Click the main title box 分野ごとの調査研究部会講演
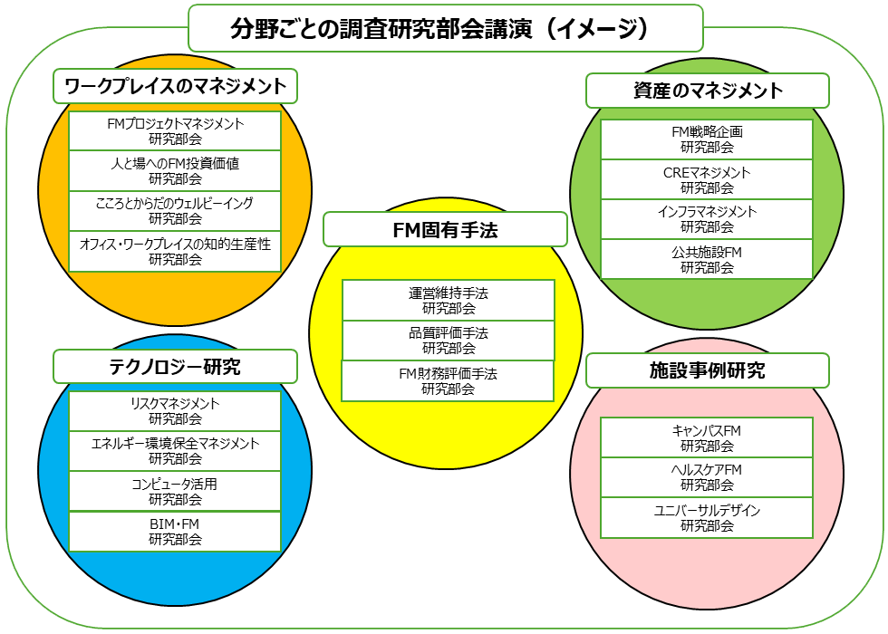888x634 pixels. tap(445, 28)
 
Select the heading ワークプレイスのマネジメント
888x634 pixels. tap(176, 86)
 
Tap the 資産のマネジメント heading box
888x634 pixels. tap(707, 91)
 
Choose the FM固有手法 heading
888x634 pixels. tap(445, 229)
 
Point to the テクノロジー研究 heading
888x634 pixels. tap(176, 366)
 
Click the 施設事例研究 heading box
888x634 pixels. tap(707, 370)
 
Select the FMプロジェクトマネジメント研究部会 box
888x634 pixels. tap(175, 130)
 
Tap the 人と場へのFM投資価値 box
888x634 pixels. tap(175, 170)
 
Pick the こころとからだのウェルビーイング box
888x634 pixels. tap(175, 210)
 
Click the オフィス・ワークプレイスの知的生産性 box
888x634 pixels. tap(175, 251)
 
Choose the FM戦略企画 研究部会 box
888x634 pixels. tap(707, 139)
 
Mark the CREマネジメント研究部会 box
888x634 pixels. tap(707, 179)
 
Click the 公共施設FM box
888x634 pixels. tap(707, 259)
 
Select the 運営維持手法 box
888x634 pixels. tap(448, 300)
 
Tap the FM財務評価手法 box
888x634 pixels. tap(448, 380)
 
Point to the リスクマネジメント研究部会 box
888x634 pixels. tap(175, 411)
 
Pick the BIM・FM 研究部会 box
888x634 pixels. tap(175, 532)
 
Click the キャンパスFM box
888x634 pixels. tap(707, 437)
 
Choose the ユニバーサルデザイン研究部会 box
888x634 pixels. tap(707, 518)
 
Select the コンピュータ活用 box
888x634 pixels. tap(175, 491)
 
